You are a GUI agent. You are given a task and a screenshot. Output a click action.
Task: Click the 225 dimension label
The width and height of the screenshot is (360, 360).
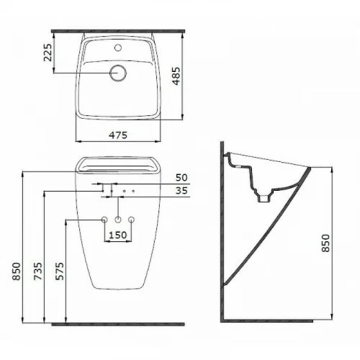pos(48,53)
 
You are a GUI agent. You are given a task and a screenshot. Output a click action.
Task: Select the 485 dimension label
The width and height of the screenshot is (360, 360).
pos(176,76)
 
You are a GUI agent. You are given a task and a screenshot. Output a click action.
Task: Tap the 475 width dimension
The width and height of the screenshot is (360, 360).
pos(118,135)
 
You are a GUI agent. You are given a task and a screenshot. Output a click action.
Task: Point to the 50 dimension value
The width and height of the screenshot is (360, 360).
pos(181,178)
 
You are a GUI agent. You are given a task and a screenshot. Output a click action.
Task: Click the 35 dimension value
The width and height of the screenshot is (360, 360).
pos(181,191)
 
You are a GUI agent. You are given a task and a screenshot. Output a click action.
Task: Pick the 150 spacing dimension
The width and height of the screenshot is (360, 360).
pos(118,235)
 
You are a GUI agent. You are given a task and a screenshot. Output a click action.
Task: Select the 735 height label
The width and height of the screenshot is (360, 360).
pos(38,271)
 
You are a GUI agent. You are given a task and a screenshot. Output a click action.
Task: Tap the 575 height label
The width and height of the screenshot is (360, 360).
pos(60,271)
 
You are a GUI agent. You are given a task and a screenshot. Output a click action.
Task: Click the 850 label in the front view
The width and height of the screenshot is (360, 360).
pos(17,271)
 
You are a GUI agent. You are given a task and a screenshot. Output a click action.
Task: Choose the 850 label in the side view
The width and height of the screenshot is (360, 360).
pos(325,243)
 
